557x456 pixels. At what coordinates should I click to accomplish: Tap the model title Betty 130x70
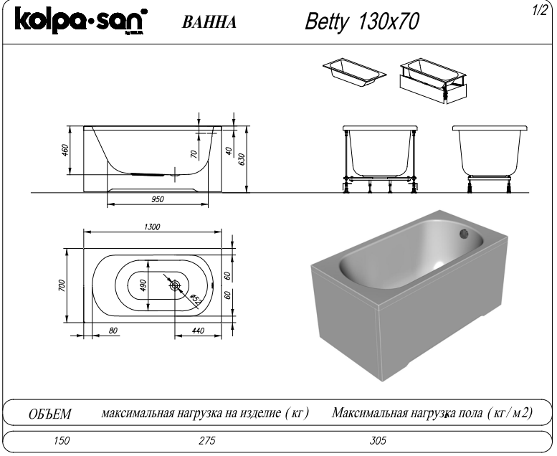pyautogui.click(x=362, y=22)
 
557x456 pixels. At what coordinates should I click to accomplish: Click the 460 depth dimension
pyautogui.click(x=65, y=151)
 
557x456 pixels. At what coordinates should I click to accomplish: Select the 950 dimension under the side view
pyautogui.click(x=158, y=200)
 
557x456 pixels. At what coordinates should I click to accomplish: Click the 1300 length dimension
pyautogui.click(x=151, y=227)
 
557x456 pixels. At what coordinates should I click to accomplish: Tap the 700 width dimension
pyautogui.click(x=62, y=285)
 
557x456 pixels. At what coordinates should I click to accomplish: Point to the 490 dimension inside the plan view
pyautogui.click(x=143, y=285)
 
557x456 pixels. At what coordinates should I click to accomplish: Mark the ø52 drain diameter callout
pyautogui.click(x=192, y=297)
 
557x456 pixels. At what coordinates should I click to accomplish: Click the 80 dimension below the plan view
pyautogui.click(x=113, y=331)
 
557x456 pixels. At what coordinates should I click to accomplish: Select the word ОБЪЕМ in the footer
pyautogui.click(x=49, y=414)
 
